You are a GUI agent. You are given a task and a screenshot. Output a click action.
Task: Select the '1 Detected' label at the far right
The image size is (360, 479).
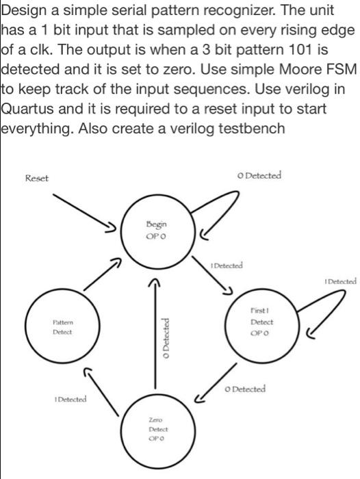click(340, 281)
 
